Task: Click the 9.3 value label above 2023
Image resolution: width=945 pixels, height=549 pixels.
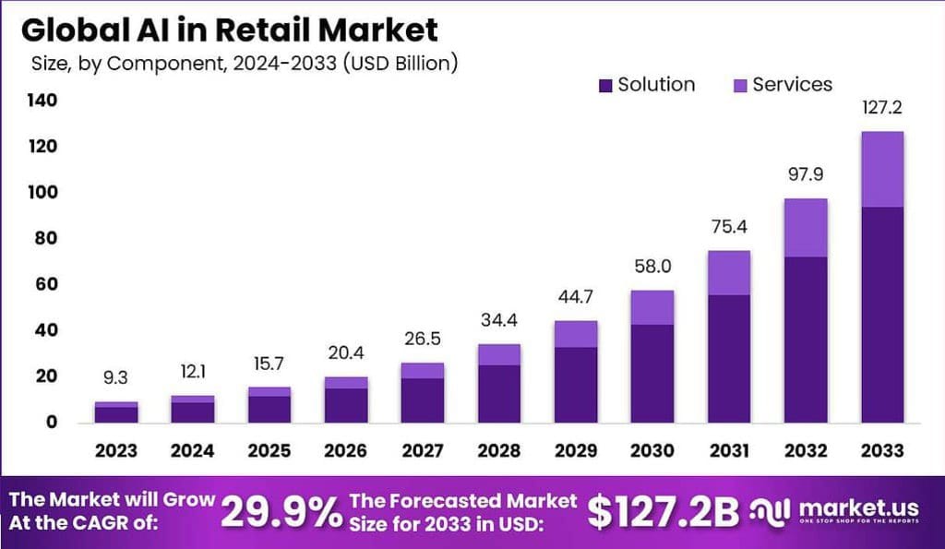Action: (116, 376)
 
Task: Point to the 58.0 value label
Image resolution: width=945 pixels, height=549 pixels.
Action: (652, 266)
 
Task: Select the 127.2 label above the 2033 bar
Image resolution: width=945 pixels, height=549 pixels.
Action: (881, 108)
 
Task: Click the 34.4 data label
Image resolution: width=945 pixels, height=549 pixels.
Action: (498, 320)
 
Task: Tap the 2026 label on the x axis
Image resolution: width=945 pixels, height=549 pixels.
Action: (346, 451)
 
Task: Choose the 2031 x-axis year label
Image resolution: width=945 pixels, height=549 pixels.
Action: (728, 451)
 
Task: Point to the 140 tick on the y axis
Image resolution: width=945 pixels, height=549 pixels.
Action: (42, 100)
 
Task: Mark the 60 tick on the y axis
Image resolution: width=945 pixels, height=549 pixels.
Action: (46, 284)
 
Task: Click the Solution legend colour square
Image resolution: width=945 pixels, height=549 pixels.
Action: (605, 86)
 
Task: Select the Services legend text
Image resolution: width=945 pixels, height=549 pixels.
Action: (792, 85)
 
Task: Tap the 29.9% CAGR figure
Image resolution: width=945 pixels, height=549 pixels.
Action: (281, 512)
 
